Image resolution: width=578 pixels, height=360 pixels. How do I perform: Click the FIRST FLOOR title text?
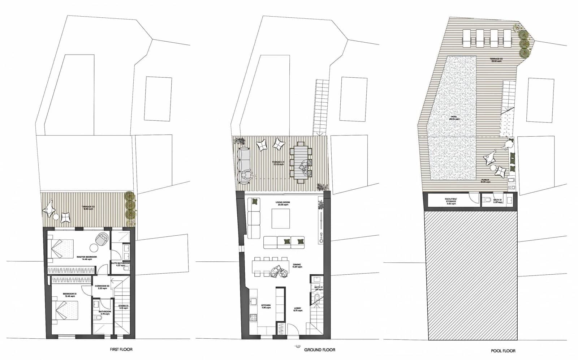pyautogui.click(x=121, y=350)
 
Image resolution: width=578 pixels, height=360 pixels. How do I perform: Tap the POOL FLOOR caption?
pyautogui.click(x=503, y=351)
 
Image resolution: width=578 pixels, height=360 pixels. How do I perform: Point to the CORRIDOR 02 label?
pyautogui.click(x=102, y=287)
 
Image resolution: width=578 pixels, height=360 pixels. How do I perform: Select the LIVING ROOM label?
pyautogui.click(x=282, y=203)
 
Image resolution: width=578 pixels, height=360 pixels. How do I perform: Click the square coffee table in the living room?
pyautogui.click(x=281, y=219)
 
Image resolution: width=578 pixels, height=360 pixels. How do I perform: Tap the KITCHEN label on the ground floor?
pyautogui.click(x=266, y=307)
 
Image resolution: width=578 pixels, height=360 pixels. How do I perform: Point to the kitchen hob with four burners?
pyautogui.click(x=253, y=318)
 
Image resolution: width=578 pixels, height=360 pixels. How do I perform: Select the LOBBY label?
pyautogui.click(x=298, y=309)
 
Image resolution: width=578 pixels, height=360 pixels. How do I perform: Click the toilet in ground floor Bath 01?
pyautogui.click(x=317, y=297)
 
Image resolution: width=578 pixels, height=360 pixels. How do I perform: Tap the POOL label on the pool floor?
pyautogui.click(x=454, y=118)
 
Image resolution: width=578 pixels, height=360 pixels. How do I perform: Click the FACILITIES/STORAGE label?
pyautogui.click(x=451, y=201)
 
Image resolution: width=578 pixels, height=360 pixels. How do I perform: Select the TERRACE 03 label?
pyautogui.click(x=496, y=60)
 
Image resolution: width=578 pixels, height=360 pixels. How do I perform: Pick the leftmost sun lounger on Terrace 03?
pyautogui.click(x=467, y=38)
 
